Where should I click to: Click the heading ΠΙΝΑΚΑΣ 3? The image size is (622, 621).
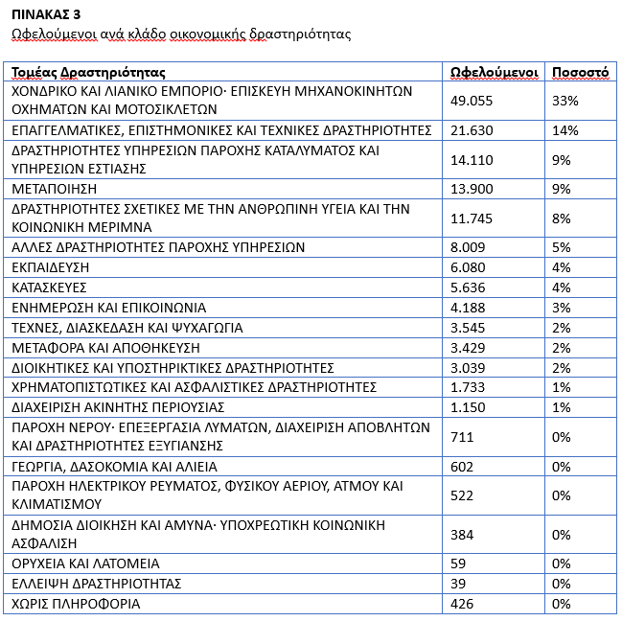pyautogui.click(x=46, y=15)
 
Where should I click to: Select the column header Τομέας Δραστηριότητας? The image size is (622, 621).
pyautogui.click(x=88, y=72)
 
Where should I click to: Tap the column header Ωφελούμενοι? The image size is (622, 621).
pyautogui.click(x=492, y=72)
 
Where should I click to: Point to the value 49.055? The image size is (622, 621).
pyautogui.click(x=472, y=100)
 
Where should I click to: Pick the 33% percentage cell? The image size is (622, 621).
pyautogui.click(x=565, y=100)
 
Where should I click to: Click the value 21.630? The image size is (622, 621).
pyautogui.click(x=472, y=129)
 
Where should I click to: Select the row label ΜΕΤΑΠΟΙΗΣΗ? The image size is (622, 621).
pyautogui.click(x=54, y=189)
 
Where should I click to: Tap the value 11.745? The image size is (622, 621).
pyautogui.click(x=472, y=218)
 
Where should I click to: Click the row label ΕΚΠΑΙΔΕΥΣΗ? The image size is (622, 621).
pyautogui.click(x=49, y=267)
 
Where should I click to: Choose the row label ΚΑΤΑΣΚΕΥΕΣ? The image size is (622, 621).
pyautogui.click(x=50, y=287)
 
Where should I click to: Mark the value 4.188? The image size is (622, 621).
pyautogui.click(x=468, y=308)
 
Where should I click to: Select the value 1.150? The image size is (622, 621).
pyautogui.click(x=468, y=407)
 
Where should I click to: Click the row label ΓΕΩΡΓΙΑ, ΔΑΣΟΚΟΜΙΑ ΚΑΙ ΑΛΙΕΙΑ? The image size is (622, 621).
pyautogui.click(x=114, y=467)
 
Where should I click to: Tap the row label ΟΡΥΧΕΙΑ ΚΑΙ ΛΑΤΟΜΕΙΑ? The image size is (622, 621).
pyautogui.click(x=85, y=563)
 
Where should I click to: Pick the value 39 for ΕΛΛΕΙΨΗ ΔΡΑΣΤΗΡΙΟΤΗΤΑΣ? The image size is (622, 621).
pyautogui.click(x=459, y=584)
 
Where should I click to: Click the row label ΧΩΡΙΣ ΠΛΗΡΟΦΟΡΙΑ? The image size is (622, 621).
pyautogui.click(x=76, y=604)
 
